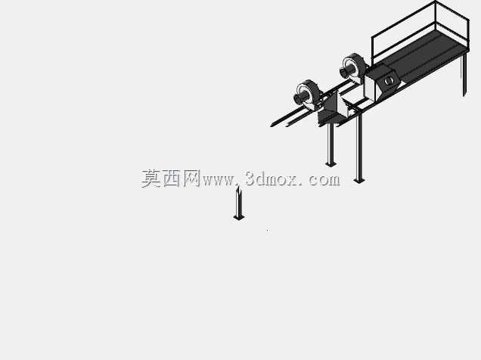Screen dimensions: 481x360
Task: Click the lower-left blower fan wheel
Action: tap(308, 94)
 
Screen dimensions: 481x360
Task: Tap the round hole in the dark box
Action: tap(389, 81)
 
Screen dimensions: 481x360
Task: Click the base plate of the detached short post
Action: tap(239, 218)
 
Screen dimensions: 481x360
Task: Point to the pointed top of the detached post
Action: tap(238, 187)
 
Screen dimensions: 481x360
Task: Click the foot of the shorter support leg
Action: tap(330, 164)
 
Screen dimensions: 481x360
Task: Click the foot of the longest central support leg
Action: tap(359, 180)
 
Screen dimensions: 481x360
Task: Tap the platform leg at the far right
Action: tap(465, 73)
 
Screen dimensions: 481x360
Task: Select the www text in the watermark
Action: tap(218, 180)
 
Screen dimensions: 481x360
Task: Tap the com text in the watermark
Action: tap(324, 180)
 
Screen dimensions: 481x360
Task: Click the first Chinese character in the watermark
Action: tap(151, 178)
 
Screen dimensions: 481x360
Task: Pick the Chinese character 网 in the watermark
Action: tap(192, 178)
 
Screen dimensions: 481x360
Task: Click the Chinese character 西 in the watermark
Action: tap(172, 178)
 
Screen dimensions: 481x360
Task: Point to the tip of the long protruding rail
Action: tap(272, 125)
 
